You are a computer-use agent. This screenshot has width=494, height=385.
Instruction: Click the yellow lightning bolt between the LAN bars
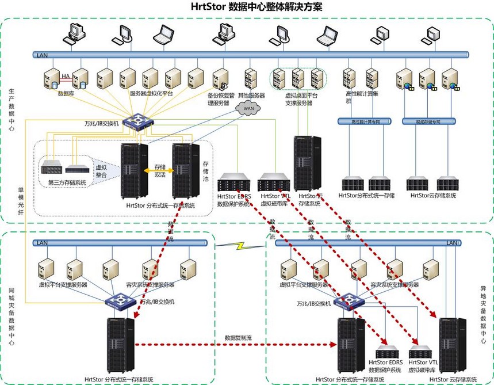pos(241,246)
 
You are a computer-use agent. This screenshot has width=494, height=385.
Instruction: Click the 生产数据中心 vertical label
pos(12,109)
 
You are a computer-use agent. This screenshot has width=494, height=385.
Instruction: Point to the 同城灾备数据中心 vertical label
pos(12,317)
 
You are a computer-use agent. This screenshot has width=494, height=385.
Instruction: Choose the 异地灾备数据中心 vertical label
pos(483,314)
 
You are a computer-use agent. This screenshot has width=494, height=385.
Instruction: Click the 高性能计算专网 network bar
pos(363,121)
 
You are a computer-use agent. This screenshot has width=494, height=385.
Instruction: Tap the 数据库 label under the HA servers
pos(65,93)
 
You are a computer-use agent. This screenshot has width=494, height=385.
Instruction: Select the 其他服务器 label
pos(251,95)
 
